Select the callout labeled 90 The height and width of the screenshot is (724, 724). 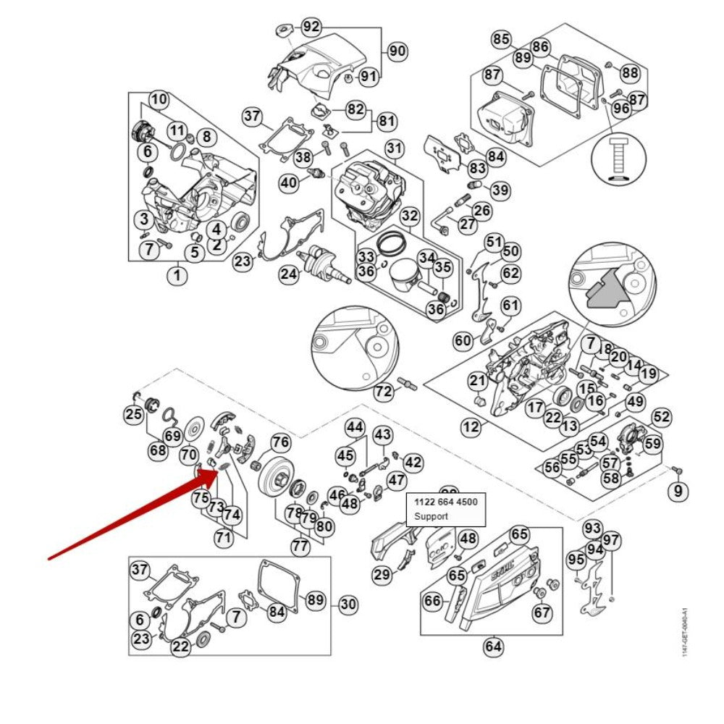[396, 51]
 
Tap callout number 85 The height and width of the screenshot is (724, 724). [501, 39]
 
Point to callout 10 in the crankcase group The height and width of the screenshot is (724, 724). [159, 99]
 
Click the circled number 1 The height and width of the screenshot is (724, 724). [177, 276]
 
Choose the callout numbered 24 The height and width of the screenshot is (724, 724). [289, 274]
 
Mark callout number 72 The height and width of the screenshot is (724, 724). [383, 392]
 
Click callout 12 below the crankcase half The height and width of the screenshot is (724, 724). [471, 427]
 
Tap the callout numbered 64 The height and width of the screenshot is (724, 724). [494, 646]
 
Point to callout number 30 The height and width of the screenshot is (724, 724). [348, 604]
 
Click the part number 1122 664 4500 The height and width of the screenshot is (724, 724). [445, 502]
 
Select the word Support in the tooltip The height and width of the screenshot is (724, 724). [431, 517]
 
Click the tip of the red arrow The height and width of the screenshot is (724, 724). [216, 471]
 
